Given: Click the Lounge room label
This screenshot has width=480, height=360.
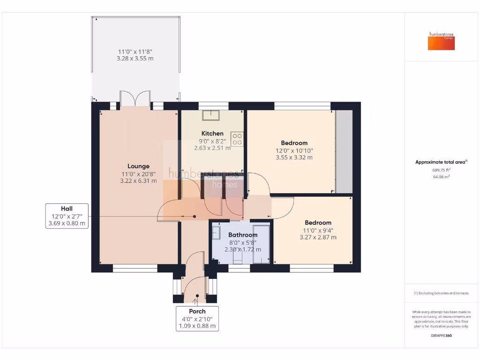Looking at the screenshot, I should pyautogui.click(x=138, y=166).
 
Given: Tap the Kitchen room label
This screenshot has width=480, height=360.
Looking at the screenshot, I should pyautogui.click(x=212, y=134).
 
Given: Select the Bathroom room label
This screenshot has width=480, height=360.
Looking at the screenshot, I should pyautogui.click(x=242, y=235).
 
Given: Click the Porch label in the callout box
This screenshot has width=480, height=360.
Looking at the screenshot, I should pyautogui.click(x=197, y=311).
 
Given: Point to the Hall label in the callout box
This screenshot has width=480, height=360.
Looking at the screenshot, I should pyautogui.click(x=67, y=209).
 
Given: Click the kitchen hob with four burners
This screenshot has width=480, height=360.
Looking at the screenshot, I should pyautogui.click(x=237, y=139).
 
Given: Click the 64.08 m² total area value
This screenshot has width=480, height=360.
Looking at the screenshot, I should pyautogui.click(x=441, y=177).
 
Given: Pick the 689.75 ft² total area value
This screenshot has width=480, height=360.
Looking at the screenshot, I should pyautogui.click(x=441, y=170).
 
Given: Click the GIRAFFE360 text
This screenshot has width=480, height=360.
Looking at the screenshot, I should pyautogui.click(x=441, y=336).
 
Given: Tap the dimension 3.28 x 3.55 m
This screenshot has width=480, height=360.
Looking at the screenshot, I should pyautogui.click(x=135, y=59).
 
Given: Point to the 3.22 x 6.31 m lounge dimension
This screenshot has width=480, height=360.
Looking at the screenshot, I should pyautogui.click(x=138, y=181).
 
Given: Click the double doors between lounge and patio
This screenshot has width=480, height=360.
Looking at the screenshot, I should pyautogui.click(x=135, y=100).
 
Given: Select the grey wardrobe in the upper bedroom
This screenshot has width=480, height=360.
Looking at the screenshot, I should pyautogui.click(x=344, y=151).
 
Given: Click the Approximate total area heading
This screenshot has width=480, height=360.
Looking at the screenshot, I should pyautogui.click(x=441, y=162).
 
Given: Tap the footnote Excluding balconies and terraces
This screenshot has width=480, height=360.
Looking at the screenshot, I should pyautogui.click(x=441, y=293).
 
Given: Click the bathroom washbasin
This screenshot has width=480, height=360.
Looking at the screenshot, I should pyautogui.click(x=217, y=232).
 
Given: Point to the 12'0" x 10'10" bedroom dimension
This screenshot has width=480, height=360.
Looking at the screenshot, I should pyautogui.click(x=294, y=150).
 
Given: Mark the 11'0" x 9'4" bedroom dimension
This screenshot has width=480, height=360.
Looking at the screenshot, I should pyautogui.click(x=318, y=230).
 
